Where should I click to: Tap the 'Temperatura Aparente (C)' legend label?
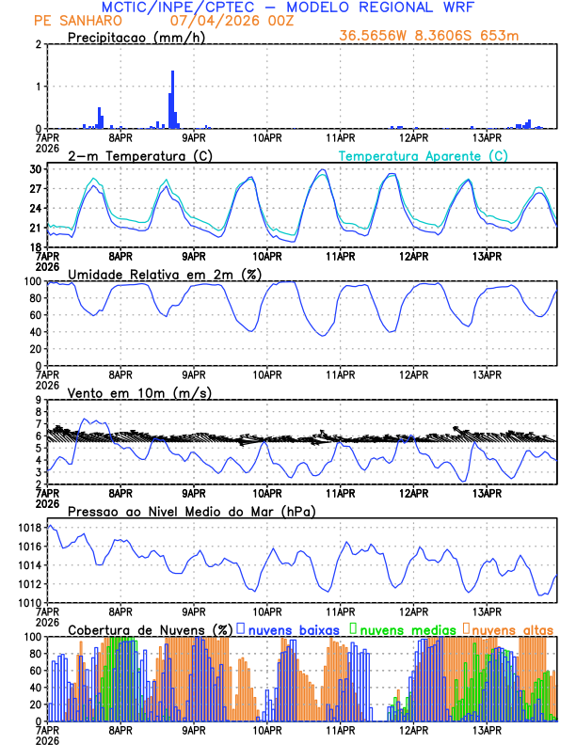click(x=423, y=155)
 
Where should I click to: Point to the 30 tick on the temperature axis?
click(x=35, y=169)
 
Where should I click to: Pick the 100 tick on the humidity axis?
click(x=31, y=281)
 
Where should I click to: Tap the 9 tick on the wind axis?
click(x=38, y=400)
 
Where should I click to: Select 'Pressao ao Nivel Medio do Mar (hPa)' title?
click(x=191, y=512)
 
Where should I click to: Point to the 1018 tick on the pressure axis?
click(x=28, y=528)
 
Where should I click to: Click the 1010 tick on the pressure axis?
click(x=28, y=602)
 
